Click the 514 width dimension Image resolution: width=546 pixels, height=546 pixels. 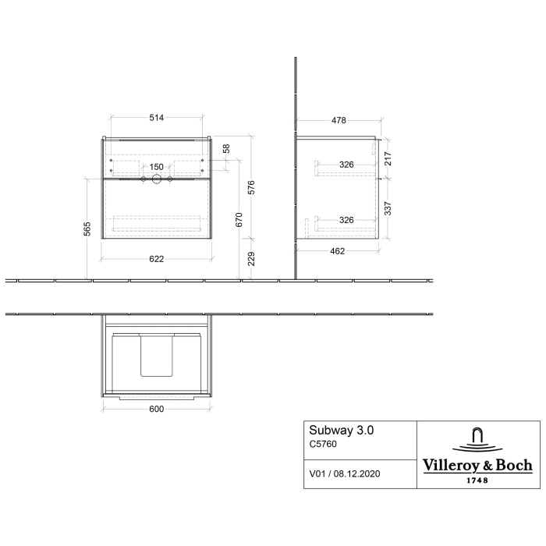[156, 118]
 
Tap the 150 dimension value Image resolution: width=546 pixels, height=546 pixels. [156, 166]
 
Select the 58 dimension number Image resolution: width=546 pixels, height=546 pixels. [226, 148]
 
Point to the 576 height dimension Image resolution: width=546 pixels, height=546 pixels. [251, 188]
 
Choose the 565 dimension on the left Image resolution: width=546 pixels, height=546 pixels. [88, 228]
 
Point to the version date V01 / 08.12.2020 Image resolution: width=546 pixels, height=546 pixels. [346, 473]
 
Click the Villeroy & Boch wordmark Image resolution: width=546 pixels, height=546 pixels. [477, 466]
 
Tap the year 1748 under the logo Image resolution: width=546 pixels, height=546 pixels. [477, 480]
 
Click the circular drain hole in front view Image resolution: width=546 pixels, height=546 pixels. [156, 179]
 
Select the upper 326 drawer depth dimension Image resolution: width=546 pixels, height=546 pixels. [346, 165]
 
